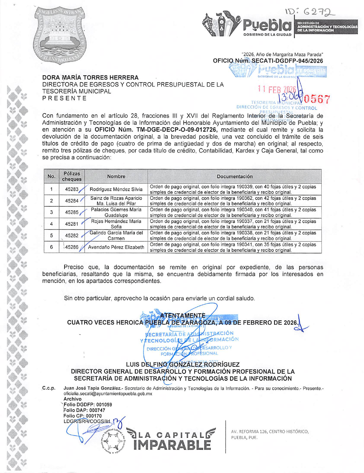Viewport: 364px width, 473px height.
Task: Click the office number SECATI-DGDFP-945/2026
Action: tap(287, 61)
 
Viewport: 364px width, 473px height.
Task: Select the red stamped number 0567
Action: tap(316, 99)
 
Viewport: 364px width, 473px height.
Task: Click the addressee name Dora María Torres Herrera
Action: tap(90, 77)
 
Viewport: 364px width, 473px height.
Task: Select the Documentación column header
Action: tap(234, 176)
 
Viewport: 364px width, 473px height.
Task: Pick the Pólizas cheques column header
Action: tap(72, 176)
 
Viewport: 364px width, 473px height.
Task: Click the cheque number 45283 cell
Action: tap(72, 189)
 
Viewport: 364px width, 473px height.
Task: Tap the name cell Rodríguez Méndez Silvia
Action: tap(116, 189)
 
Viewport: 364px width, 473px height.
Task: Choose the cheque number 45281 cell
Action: tap(72, 224)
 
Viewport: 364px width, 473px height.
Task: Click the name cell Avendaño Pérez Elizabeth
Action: tap(116, 247)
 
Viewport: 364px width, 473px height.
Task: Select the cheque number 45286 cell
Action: tap(72, 247)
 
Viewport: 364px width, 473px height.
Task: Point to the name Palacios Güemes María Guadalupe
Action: tap(116, 212)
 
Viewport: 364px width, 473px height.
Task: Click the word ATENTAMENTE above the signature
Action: tap(183, 316)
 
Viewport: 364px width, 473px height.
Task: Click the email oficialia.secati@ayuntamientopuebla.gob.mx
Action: tap(108, 394)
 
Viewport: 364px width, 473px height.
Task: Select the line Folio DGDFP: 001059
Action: tap(88, 405)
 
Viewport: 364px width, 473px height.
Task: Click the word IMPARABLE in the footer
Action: tap(172, 445)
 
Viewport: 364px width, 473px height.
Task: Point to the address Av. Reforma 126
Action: tap(270, 432)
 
